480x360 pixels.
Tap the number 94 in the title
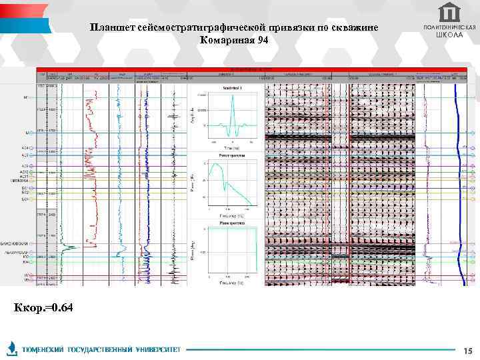click(261, 41)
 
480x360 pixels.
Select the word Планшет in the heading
click(114, 27)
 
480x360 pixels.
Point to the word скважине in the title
click(354, 27)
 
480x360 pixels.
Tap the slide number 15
click(467, 350)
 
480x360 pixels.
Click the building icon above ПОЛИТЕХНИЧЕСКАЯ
click(449, 11)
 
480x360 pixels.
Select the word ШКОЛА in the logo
click(449, 34)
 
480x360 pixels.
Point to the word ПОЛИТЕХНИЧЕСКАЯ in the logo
click(449, 27)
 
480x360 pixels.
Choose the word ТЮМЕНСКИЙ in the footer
click(43, 349)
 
